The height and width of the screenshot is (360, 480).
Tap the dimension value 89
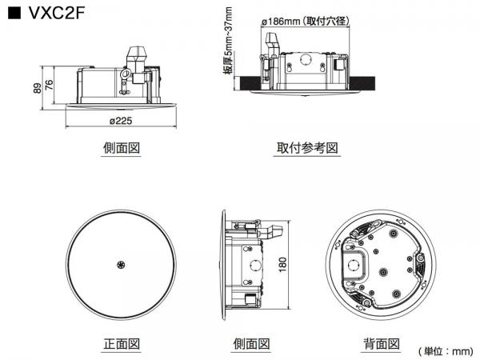click(37, 88)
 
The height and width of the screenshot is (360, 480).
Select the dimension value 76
click(49, 84)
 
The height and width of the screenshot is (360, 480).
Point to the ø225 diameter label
click(122, 122)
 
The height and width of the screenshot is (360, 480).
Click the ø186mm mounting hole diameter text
click(301, 22)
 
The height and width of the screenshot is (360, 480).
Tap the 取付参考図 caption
click(307, 148)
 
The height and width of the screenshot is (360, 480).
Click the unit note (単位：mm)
click(445, 350)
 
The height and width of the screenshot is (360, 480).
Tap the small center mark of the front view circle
click(122, 265)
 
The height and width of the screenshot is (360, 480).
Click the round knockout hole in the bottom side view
click(255, 263)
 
